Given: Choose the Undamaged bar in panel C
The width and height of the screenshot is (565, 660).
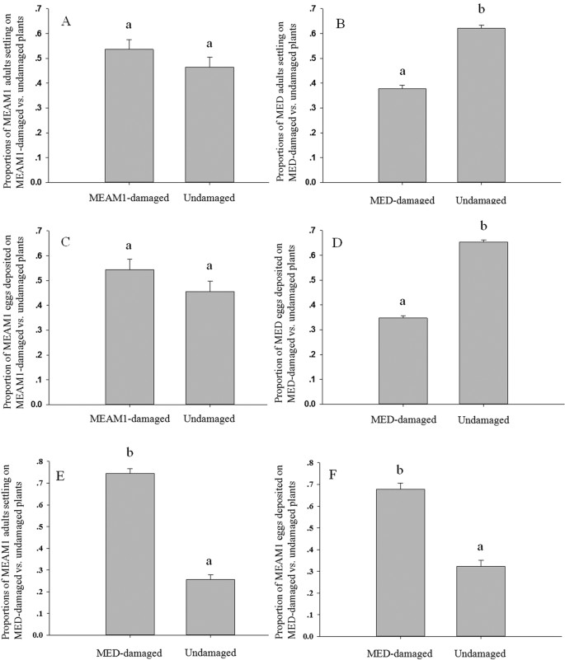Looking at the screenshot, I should (209, 348).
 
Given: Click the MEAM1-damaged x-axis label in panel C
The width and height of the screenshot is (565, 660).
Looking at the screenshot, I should (129, 419).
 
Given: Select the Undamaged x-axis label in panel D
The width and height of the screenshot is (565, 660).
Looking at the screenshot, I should (481, 420).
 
